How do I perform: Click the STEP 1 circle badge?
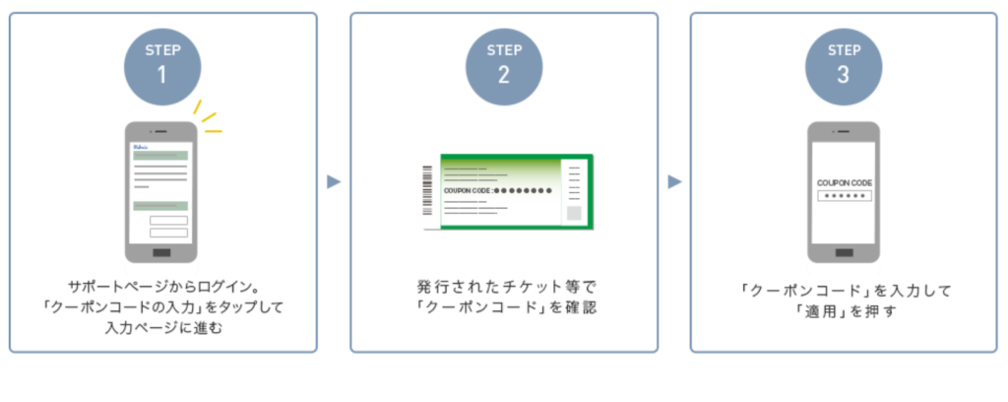tap(163, 64)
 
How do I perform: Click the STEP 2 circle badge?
tap(503, 64)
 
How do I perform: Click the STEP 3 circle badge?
tap(844, 64)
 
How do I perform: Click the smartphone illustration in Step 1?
tap(161, 192)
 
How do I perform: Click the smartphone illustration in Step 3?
tap(844, 192)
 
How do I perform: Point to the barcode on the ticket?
tap(427, 191)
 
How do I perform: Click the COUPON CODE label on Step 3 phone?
tap(844, 182)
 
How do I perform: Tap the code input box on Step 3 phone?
tap(844, 197)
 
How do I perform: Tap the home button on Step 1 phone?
tap(161, 253)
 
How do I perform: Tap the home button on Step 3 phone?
tap(844, 253)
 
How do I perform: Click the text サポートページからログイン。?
tap(162, 286)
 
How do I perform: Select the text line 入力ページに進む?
tap(162, 327)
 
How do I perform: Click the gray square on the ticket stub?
tap(575, 213)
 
